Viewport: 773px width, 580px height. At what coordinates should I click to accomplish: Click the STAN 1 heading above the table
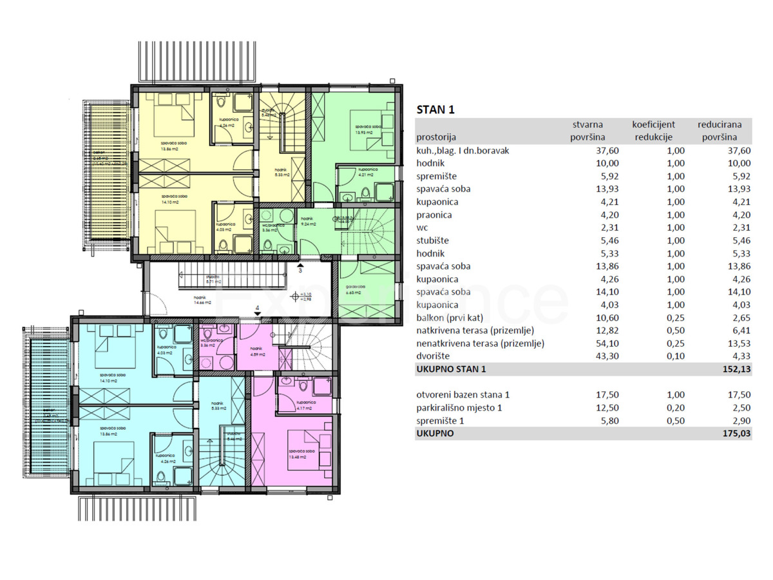point(436,110)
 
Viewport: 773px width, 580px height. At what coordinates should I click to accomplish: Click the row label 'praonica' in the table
point(435,215)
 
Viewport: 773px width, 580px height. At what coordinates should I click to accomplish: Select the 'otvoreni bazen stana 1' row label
point(467,395)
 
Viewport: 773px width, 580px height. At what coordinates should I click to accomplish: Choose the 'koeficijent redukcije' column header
point(653,131)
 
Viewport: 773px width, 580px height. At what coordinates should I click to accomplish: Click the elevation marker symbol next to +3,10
point(296,297)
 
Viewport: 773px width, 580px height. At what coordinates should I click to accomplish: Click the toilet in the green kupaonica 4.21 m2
point(366,191)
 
